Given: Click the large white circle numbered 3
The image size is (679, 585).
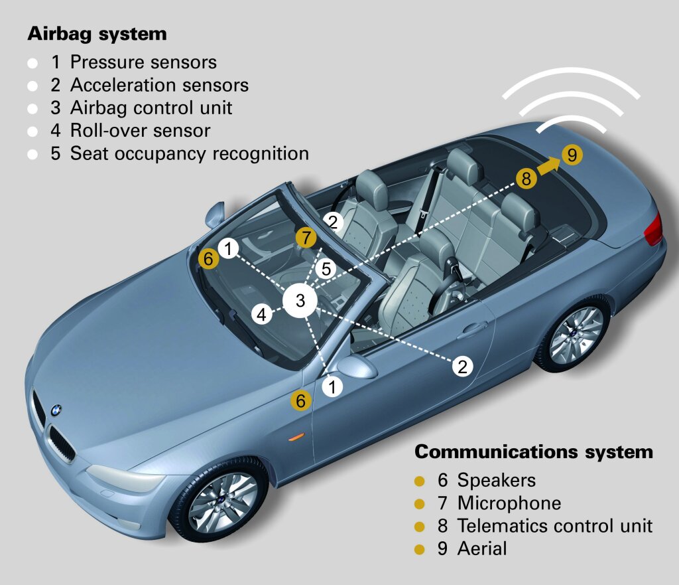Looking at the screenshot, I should tap(300, 301).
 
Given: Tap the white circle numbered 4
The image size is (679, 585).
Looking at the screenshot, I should tap(263, 314).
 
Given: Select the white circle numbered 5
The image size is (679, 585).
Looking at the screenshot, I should tap(325, 268).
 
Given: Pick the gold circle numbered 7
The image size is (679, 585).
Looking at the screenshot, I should tap(306, 237).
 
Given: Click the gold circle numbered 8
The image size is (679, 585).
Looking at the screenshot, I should tap(526, 178).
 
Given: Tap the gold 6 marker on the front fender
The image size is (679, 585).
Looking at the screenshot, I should tap(301, 400).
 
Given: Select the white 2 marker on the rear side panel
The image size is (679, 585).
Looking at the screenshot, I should tap(463, 366).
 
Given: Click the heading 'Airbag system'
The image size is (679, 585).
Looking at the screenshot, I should tap(97, 34).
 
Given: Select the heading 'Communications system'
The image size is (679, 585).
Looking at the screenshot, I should tap(533, 452).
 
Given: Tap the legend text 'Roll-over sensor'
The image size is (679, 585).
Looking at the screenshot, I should tap(140, 130).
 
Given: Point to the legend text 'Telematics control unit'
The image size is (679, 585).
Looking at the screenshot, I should tap(555, 526).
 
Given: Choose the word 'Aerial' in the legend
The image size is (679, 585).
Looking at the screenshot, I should tap(481, 548).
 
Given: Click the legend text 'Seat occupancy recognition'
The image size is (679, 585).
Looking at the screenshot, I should tap(189, 153).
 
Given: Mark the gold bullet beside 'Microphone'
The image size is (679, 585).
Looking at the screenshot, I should tap(419, 503).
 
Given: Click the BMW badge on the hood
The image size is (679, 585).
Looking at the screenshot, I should tap(56, 411).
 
